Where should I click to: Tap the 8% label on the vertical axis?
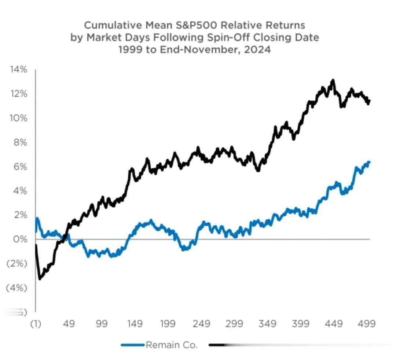(x=21, y=142)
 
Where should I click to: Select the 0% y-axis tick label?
(x=21, y=239)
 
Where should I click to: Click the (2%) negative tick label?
(x=17, y=263)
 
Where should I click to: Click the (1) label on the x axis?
(x=36, y=324)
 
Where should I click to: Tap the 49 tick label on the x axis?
(x=69, y=324)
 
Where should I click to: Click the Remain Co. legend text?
(x=172, y=345)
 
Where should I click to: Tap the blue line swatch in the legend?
(x=132, y=345)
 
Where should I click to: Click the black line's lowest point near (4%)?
(x=40, y=279)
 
